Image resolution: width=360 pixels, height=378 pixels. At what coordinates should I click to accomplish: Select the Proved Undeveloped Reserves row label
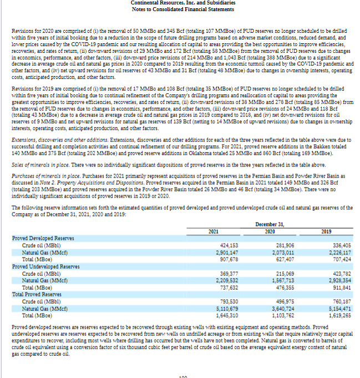coord(46,266)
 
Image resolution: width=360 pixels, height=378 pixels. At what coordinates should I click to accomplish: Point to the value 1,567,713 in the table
coord(282,281)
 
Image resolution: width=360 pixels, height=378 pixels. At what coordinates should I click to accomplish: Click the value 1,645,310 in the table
coord(227,315)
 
